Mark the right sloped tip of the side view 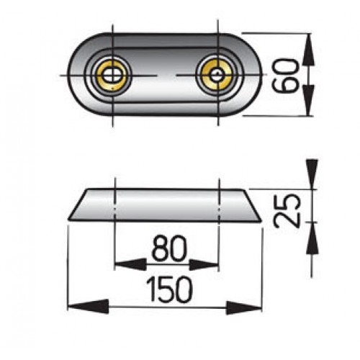(x=253, y=212)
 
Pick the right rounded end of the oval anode (x=252, y=73)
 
